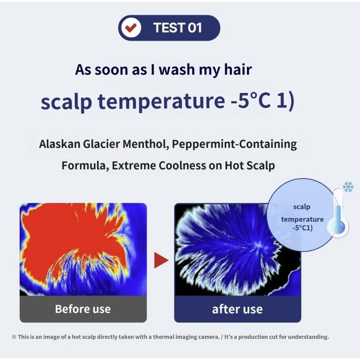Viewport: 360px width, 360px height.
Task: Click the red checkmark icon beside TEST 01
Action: (x=131, y=28)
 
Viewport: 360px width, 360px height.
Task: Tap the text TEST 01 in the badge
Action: (x=177, y=28)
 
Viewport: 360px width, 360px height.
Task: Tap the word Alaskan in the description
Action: (x=60, y=144)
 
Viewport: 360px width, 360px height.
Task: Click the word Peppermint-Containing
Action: (x=234, y=144)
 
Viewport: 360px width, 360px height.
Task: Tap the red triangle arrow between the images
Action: (x=161, y=260)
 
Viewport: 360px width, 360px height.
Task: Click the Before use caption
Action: (x=83, y=309)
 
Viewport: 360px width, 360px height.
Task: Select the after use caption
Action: (x=237, y=309)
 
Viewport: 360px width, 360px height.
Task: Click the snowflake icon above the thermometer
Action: (x=348, y=187)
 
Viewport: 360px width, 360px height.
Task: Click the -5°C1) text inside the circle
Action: (x=302, y=228)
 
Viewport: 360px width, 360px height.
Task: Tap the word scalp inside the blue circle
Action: (x=302, y=207)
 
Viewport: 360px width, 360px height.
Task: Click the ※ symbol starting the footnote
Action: (x=14, y=337)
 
